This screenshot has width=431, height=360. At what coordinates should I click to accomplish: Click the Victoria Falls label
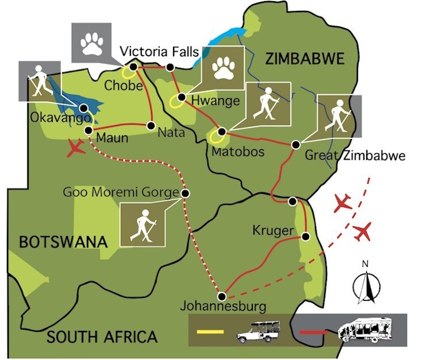click(x=160, y=52)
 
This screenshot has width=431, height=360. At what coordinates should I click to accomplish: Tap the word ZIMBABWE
click(x=305, y=59)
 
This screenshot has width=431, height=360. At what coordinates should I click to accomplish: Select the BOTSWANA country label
click(x=64, y=242)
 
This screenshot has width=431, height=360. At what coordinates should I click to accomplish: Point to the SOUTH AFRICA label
click(x=102, y=336)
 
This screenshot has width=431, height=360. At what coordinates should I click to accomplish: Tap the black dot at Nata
click(x=151, y=125)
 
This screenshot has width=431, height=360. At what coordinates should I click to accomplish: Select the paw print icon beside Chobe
click(x=92, y=43)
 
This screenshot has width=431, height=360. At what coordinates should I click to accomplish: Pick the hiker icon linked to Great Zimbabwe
click(x=340, y=116)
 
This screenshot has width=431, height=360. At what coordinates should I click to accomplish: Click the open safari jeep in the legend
click(x=257, y=332)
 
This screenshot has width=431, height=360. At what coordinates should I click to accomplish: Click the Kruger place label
click(x=269, y=231)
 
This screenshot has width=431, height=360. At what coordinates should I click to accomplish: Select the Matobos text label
click(x=232, y=152)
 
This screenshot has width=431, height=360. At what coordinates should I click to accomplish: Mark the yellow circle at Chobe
click(x=132, y=70)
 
